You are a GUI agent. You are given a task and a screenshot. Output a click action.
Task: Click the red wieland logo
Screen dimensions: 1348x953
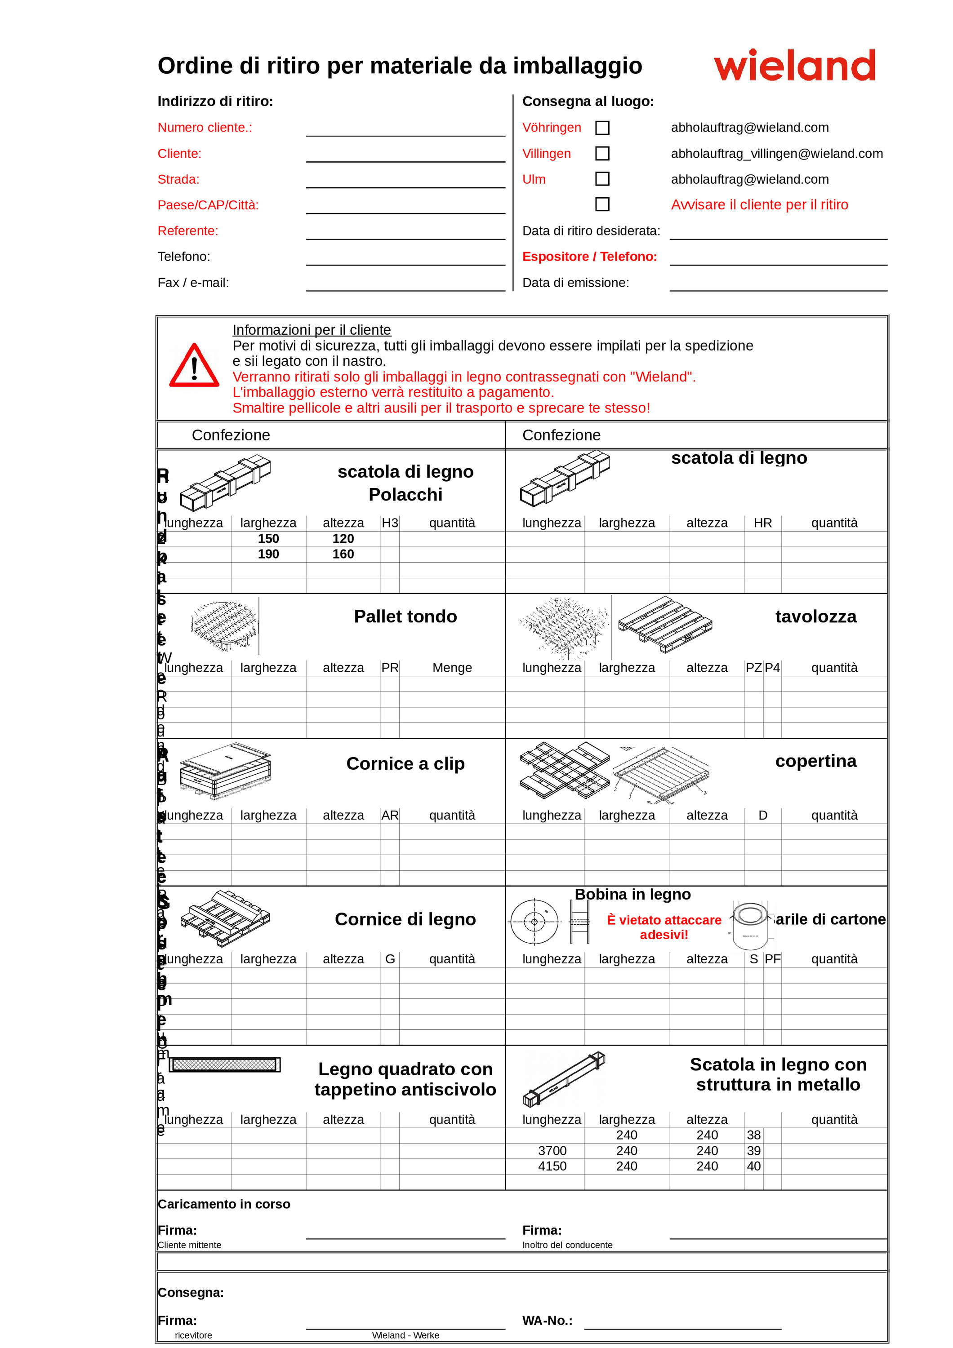click(x=794, y=65)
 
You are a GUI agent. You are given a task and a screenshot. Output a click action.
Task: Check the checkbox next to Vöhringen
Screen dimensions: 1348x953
click(x=602, y=128)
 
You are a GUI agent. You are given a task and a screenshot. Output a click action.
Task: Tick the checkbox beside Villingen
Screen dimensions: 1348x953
click(x=602, y=154)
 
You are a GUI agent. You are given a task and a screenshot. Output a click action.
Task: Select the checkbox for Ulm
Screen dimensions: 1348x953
click(x=602, y=179)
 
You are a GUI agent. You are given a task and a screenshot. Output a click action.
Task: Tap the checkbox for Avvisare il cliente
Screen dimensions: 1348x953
click(x=602, y=204)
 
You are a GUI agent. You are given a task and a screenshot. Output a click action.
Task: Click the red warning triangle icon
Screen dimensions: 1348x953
click(x=194, y=366)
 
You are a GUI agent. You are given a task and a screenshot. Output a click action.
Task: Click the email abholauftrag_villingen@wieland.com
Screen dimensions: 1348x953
click(x=776, y=154)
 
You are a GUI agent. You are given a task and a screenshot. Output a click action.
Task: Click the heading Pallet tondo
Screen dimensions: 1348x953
click(x=405, y=616)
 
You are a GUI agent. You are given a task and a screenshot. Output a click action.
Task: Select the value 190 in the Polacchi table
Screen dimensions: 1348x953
click(x=268, y=554)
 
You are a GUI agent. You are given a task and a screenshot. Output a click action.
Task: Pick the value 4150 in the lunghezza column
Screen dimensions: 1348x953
click(x=552, y=1166)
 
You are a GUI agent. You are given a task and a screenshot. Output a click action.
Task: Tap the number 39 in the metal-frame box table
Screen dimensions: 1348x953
click(x=753, y=1151)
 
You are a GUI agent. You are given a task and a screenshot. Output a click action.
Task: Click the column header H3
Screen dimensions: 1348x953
click(x=390, y=523)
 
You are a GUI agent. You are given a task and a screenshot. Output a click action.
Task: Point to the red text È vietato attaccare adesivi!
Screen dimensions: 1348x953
click(x=664, y=927)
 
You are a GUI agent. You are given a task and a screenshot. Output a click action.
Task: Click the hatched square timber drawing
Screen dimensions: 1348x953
click(x=224, y=1064)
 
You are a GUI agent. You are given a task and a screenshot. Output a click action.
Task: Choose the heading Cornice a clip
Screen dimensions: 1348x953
click(x=405, y=764)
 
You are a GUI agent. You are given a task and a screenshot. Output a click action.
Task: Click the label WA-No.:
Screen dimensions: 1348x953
click(x=547, y=1321)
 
